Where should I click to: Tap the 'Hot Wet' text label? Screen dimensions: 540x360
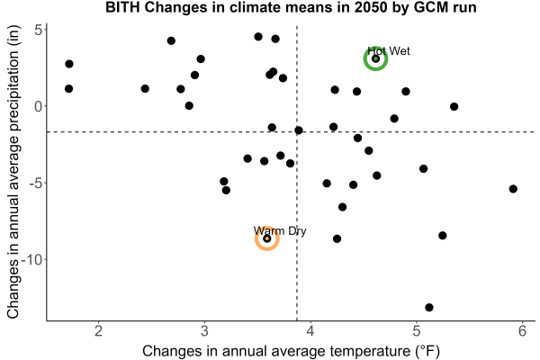pyautogui.click(x=389, y=51)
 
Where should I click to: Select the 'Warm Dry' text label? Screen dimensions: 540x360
pyautogui.click(x=280, y=230)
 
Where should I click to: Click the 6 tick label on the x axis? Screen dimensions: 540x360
pyautogui.click(x=522, y=330)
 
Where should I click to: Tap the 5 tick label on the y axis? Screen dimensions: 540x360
pyautogui.click(x=39, y=30)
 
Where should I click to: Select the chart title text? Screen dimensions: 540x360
pyautogui.click(x=291, y=7)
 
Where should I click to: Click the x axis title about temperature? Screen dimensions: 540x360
pyautogui.click(x=291, y=351)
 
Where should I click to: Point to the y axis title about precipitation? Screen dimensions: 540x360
pyautogui.click(x=13, y=172)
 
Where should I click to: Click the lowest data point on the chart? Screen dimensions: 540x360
pyautogui.click(x=429, y=307)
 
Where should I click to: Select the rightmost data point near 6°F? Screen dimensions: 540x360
pyautogui.click(x=513, y=189)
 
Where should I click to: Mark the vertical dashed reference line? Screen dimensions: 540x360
pyautogui.click(x=297, y=173)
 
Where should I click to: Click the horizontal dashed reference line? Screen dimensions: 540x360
pyautogui.click(x=291, y=132)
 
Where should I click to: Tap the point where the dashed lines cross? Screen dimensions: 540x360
pyautogui.click(x=297, y=132)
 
